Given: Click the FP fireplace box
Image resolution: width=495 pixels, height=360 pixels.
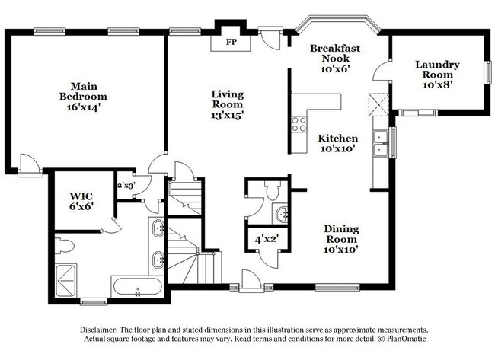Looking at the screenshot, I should pyautogui.click(x=230, y=40).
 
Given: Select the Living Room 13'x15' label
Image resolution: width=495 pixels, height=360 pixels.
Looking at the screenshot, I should pyautogui.click(x=227, y=104).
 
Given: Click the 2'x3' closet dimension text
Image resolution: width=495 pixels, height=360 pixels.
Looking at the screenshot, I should pyautogui.click(x=125, y=185).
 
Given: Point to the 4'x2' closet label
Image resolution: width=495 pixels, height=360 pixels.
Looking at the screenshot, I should pyautogui.click(x=266, y=239).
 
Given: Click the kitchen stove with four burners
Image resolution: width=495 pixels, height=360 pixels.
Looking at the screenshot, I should pyautogui.click(x=298, y=124).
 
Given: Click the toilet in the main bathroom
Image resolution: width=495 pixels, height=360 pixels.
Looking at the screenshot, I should pyautogui.click(x=64, y=246).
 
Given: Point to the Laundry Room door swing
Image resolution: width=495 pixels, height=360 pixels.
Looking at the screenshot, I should pyautogui.click(x=381, y=70).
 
